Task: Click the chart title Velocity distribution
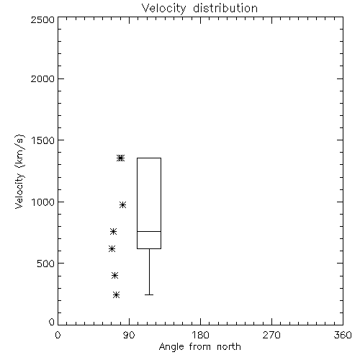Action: [199, 9]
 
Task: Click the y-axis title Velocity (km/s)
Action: [19, 171]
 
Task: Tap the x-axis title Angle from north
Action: [199, 346]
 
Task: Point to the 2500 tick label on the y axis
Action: [42, 19]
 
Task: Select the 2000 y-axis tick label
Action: [42, 78]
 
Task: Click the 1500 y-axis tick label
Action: [43, 140]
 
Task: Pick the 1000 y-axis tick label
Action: [43, 202]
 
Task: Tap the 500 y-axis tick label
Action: [46, 264]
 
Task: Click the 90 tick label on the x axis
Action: [129, 335]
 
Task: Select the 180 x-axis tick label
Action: [200, 335]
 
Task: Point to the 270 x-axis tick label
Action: [271, 335]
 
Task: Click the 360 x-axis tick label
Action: [343, 335]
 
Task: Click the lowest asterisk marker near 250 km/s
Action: [116, 294]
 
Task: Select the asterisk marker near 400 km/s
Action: [114, 275]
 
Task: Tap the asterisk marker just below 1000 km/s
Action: [122, 204]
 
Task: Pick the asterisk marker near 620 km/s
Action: [112, 248]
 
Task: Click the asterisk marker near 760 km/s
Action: [113, 231]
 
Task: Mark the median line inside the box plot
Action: [149, 231]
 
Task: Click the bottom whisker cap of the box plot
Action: [149, 294]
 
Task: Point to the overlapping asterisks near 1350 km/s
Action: [120, 158]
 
